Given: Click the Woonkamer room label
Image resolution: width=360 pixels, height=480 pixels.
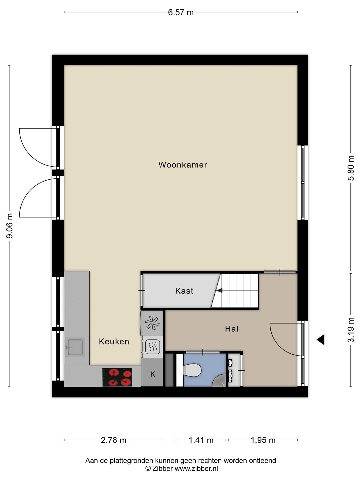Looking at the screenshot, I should coord(183,165).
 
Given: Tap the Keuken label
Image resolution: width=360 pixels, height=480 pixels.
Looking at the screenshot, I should coord(114,341).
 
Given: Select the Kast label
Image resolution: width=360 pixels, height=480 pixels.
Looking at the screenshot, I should coord(184,291).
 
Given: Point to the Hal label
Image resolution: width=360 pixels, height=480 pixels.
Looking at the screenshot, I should coord(232,329).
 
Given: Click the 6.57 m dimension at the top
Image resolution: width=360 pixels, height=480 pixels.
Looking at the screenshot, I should coord(181,12).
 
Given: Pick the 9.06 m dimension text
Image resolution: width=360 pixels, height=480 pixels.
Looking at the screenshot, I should coord(10,226).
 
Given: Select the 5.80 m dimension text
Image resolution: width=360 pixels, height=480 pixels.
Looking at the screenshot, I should coord(351,168).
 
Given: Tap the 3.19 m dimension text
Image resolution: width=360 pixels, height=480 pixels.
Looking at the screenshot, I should coord(351,330).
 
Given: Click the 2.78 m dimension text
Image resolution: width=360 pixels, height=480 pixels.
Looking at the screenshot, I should coord(114,440).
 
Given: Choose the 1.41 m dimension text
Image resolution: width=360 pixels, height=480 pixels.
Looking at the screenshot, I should coord(201,440).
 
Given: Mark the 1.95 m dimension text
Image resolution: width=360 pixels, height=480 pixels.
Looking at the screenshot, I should coord(263,440).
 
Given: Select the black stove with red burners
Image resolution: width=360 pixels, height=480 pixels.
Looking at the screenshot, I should coord(117,377).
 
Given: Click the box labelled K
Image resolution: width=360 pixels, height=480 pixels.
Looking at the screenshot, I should coord(153,374).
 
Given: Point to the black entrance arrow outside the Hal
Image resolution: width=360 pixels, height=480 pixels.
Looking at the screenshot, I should coord(321,340).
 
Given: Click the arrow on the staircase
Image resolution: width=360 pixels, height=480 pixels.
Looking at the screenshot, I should coord(219,290).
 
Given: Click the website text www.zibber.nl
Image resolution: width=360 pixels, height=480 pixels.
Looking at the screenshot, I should coord(196,468).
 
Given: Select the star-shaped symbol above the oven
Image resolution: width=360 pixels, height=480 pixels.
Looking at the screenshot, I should coord(152,322).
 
